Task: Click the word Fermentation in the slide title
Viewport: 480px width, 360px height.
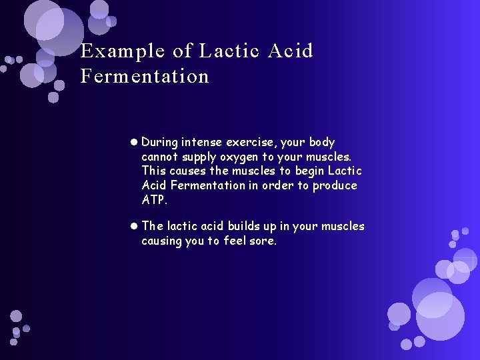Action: click(x=145, y=76)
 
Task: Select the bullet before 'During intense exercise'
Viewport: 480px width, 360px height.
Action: click(x=135, y=142)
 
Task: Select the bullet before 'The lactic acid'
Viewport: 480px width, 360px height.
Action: click(x=135, y=226)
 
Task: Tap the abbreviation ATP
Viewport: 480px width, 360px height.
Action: click(x=153, y=200)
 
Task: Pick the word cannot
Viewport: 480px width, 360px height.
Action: click(x=160, y=157)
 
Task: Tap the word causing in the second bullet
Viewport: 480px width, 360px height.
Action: click(x=161, y=241)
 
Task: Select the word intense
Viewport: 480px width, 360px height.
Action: click(x=200, y=142)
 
